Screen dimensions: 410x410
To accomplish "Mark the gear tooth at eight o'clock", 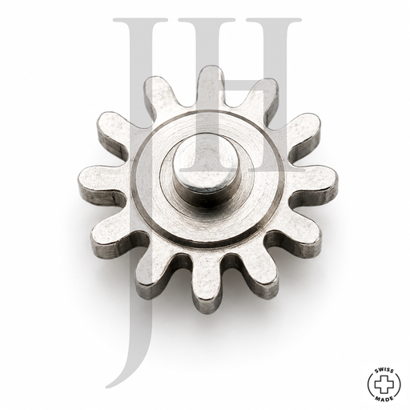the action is coord(119,235).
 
